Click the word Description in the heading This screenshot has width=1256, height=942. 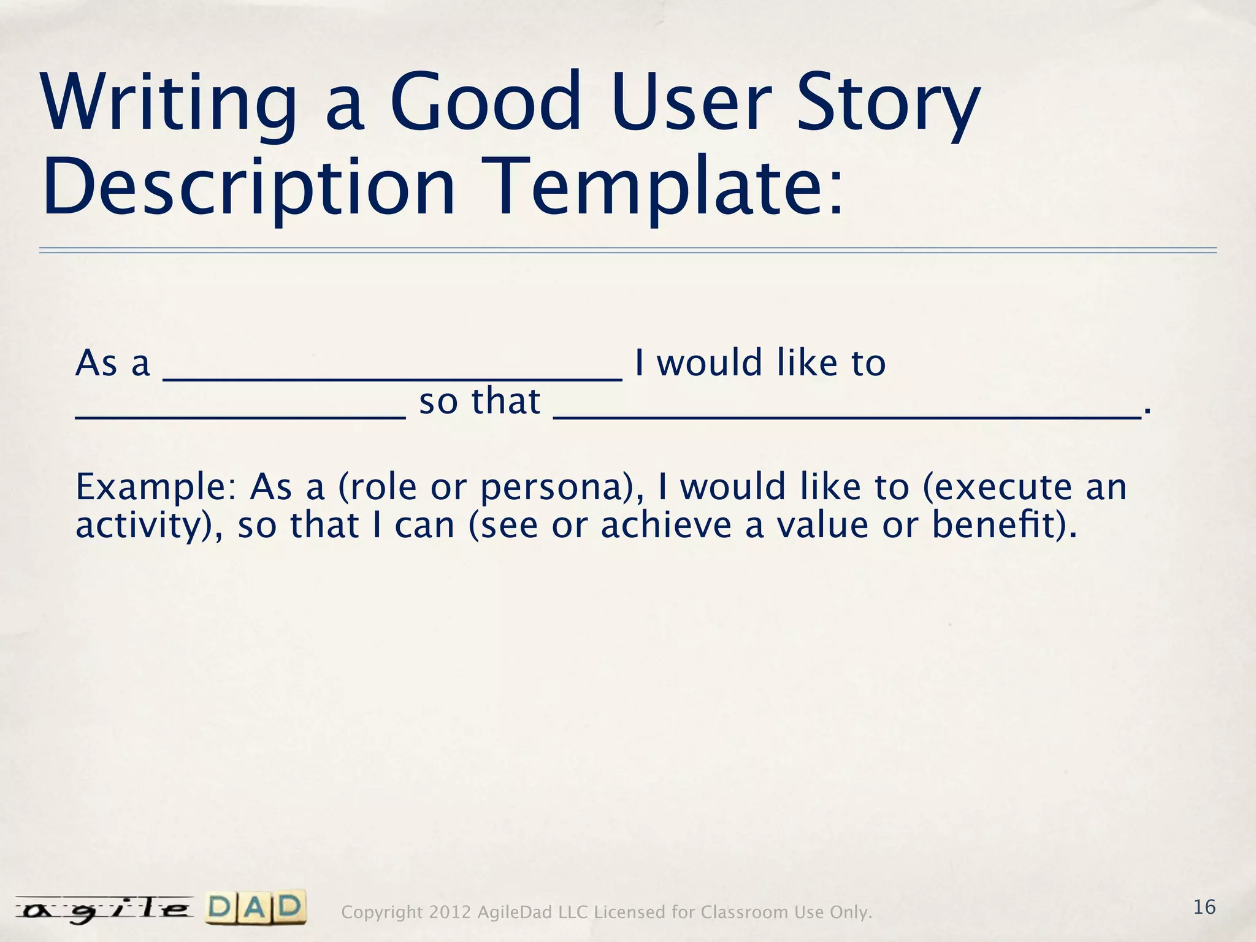point(248,187)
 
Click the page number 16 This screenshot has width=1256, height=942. point(1204,906)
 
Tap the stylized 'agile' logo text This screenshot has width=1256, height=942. point(104,909)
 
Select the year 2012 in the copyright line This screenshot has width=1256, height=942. point(450,913)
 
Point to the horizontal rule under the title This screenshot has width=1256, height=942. point(628,250)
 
